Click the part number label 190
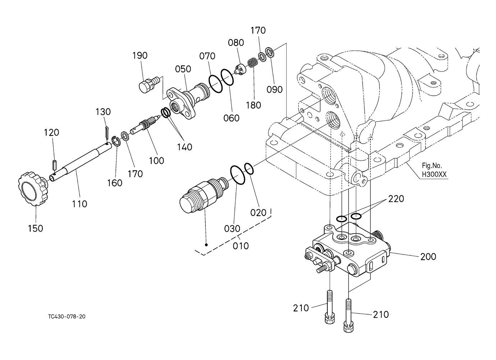tap(140, 56)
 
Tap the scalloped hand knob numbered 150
tap(32, 189)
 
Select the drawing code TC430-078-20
tap(67, 316)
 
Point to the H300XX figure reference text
tap(434, 174)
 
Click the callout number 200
tap(428, 257)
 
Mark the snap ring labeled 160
tap(116, 141)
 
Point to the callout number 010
tap(241, 246)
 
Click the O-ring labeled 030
tap(238, 175)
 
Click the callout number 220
tap(396, 199)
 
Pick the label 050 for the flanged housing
tap(183, 69)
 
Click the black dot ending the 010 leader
tap(206, 245)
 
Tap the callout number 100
tap(156, 161)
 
